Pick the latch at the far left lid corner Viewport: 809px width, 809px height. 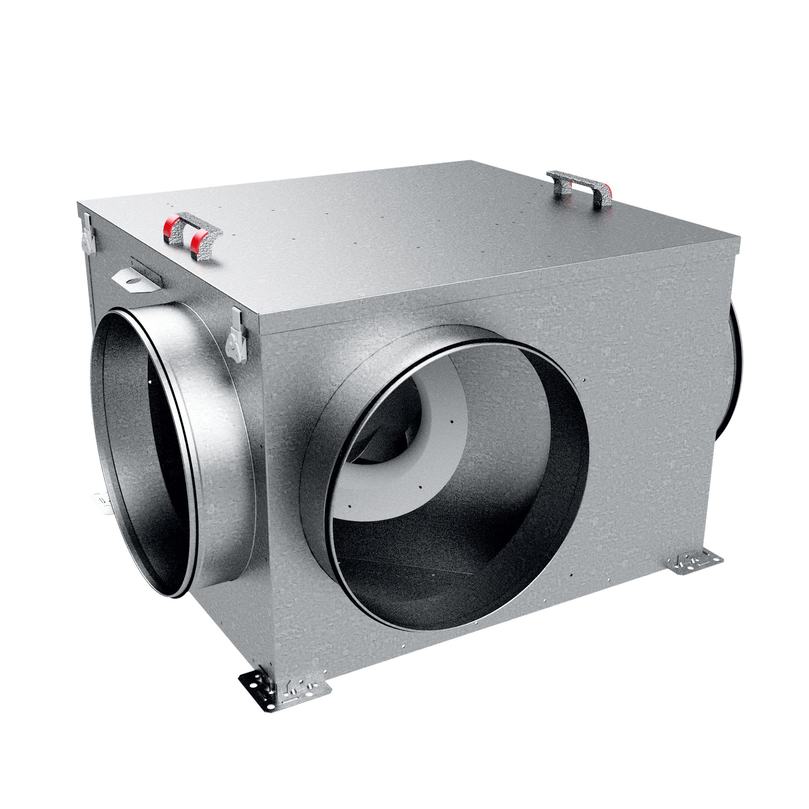coord(87,233)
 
